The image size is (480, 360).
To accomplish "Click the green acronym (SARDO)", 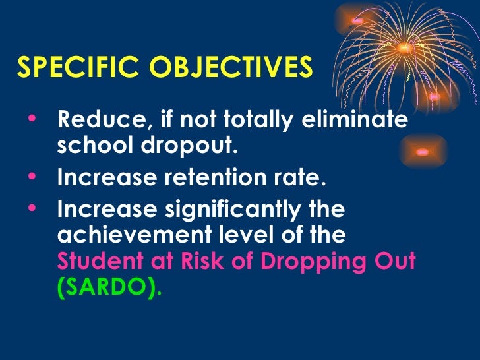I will click(109, 289).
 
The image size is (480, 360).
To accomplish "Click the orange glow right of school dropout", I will click(422, 152).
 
